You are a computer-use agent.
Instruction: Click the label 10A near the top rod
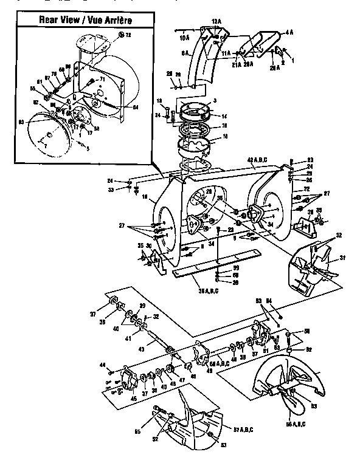coord(184,38)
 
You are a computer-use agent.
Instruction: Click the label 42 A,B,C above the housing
coord(259,160)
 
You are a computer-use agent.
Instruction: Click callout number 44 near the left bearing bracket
coord(103,365)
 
